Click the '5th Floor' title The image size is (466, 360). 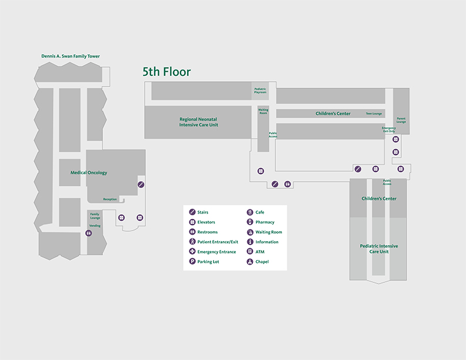(x=167, y=72)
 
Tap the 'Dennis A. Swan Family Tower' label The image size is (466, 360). (x=71, y=56)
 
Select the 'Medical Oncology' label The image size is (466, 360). (x=89, y=173)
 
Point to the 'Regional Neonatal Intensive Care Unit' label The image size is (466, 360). (x=199, y=122)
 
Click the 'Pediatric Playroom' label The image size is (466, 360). (x=260, y=91)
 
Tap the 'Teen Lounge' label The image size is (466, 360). (x=374, y=114)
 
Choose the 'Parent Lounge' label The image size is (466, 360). (x=401, y=120)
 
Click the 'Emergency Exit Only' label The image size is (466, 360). (x=388, y=129)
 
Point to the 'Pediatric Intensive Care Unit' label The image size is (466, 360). (x=378, y=248)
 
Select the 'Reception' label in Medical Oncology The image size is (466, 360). (x=110, y=199)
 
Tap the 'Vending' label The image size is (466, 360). (x=94, y=226)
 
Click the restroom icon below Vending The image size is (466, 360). (x=89, y=234)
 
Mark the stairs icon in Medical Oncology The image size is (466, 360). (x=141, y=185)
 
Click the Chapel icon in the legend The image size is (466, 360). (x=250, y=262)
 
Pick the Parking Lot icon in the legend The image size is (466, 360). (x=192, y=262)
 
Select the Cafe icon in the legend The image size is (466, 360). (x=250, y=212)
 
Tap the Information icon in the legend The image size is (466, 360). (x=250, y=242)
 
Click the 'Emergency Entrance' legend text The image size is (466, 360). (x=217, y=252)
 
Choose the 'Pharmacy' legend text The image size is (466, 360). (x=265, y=222)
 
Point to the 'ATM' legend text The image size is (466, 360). (x=260, y=252)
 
